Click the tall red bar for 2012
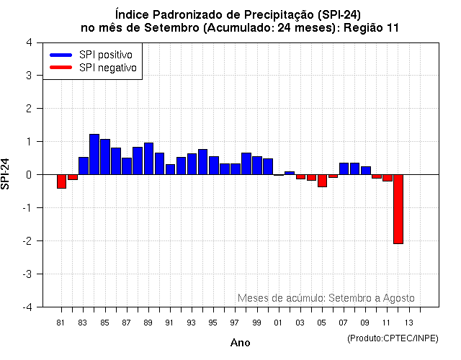[x=398, y=209]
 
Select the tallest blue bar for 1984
[x=94, y=154]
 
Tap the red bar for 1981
[x=61, y=181]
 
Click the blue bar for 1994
[x=202, y=162]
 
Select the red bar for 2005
[x=322, y=181]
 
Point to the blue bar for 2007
[x=344, y=168]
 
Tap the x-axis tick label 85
[x=104, y=322]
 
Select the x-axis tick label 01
[x=278, y=322]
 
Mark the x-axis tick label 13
[x=408, y=322]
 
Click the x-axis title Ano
[x=241, y=343]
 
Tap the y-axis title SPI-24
[x=6, y=174]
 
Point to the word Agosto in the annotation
[x=398, y=298]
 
